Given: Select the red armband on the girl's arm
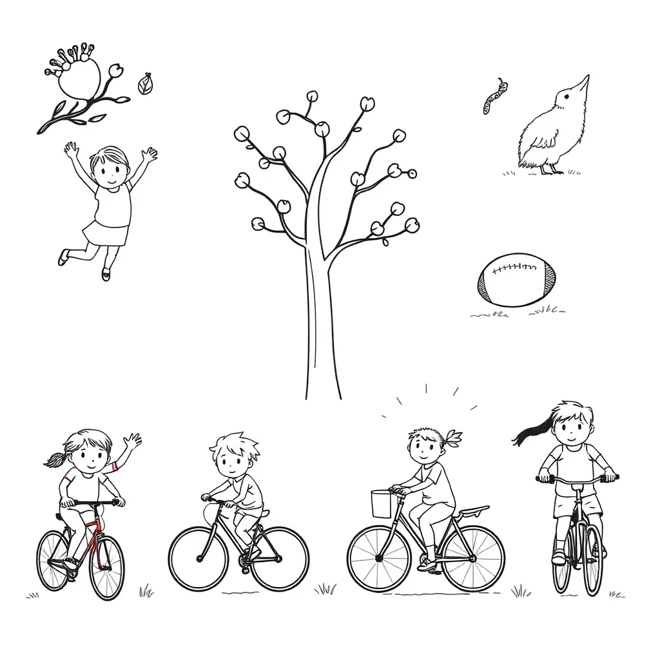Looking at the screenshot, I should pyautogui.click(x=115, y=466).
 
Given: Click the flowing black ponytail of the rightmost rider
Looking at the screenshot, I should pyautogui.click(x=530, y=431).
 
